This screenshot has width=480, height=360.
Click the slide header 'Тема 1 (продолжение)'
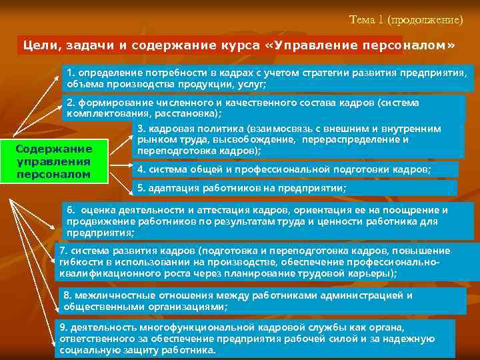click(405, 20)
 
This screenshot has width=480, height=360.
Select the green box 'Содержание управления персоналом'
click(53, 160)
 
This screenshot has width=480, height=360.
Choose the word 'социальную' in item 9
click(88, 350)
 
